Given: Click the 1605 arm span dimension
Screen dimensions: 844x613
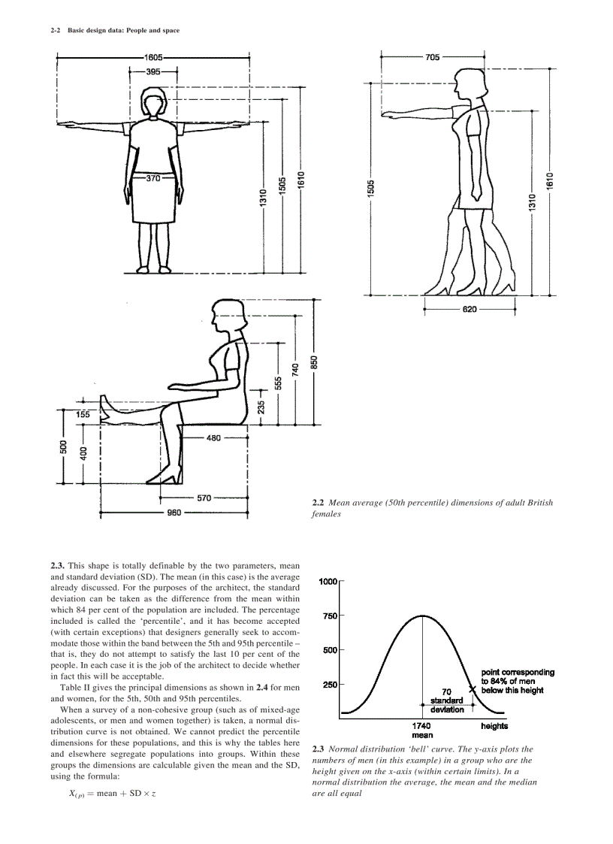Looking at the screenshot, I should (x=153, y=57).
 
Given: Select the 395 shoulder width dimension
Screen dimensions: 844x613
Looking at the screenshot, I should (x=152, y=71).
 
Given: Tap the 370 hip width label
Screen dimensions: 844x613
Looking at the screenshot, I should (x=152, y=179).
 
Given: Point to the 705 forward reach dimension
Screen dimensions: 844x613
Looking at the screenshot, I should (x=432, y=57).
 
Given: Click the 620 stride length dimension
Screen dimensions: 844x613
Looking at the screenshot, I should (x=471, y=308).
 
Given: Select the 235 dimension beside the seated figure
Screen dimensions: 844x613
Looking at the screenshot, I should (x=261, y=406).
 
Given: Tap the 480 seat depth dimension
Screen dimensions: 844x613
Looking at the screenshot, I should (x=213, y=438).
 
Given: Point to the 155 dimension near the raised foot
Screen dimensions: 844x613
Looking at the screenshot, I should (x=83, y=414).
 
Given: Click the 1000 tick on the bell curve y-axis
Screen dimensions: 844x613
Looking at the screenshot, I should (x=328, y=582).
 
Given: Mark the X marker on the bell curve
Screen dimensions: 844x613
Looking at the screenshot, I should (x=473, y=688).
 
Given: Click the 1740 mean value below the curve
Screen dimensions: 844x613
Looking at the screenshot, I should (x=422, y=726).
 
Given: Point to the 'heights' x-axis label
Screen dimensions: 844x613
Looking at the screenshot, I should (x=494, y=726).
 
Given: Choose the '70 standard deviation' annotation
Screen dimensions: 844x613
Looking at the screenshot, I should (x=447, y=701).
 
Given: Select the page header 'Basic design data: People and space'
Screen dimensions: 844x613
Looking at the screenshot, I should (x=124, y=31).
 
